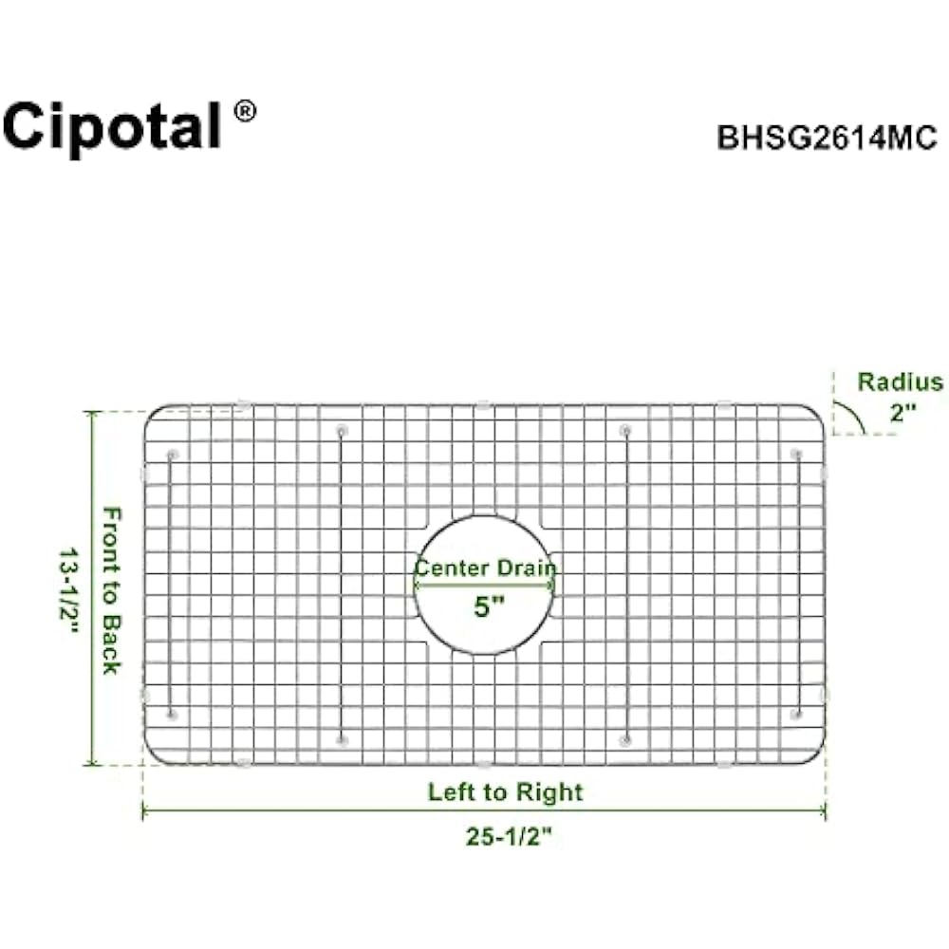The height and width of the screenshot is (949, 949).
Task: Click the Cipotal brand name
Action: pyautogui.click(x=112, y=125)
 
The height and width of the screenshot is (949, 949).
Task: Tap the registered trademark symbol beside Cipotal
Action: pyautogui.click(x=244, y=111)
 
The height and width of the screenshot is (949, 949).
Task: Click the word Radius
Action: pyautogui.click(x=900, y=382)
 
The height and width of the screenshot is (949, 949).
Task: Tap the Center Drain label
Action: pyautogui.click(x=485, y=568)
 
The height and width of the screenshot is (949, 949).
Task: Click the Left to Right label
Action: pyautogui.click(x=505, y=791)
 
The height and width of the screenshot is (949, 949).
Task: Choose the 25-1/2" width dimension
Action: pyautogui.click(x=509, y=837)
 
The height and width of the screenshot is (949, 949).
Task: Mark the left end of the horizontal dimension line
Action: pyautogui.click(x=145, y=811)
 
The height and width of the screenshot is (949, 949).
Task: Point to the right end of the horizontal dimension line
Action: pyautogui.click(x=823, y=811)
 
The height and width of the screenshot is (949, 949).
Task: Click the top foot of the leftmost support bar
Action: pyautogui.click(x=172, y=456)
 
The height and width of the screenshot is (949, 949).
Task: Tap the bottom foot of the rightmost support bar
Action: pyautogui.click(x=796, y=713)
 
